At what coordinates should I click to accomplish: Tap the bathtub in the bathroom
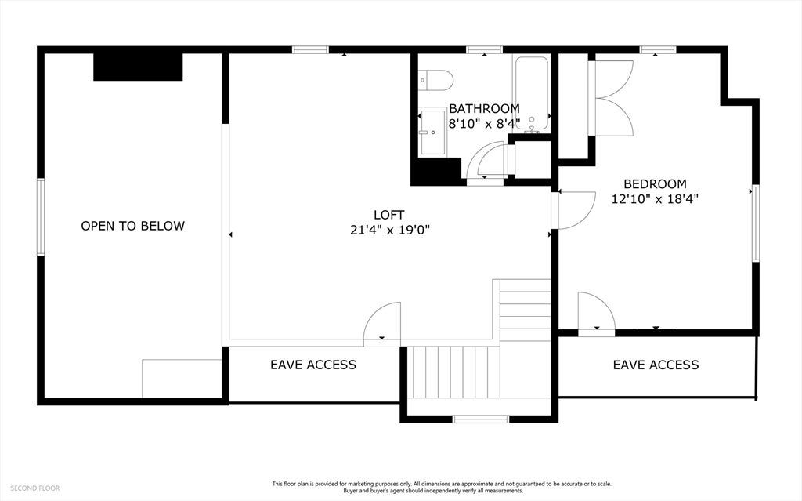coord(532,93)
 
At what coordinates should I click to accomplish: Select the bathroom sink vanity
coord(432,132)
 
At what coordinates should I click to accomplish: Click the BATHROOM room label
coord(484,109)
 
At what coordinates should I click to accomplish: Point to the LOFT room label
coord(389,215)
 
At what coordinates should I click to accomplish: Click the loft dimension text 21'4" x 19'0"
coord(389,230)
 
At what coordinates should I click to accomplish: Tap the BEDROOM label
coord(655,183)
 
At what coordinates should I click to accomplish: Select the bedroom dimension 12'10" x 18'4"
coord(655,199)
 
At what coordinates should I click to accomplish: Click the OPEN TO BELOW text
coord(132,226)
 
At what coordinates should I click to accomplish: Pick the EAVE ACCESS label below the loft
coord(313,365)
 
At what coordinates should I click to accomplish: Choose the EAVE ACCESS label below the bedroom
coord(656,365)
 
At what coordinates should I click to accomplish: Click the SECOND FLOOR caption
coord(34,488)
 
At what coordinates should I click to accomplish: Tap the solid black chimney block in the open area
coord(138,67)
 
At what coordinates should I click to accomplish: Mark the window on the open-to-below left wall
coord(41,216)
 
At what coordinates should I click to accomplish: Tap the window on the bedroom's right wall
coord(755,224)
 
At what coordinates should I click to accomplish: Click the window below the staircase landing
coord(481,419)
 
